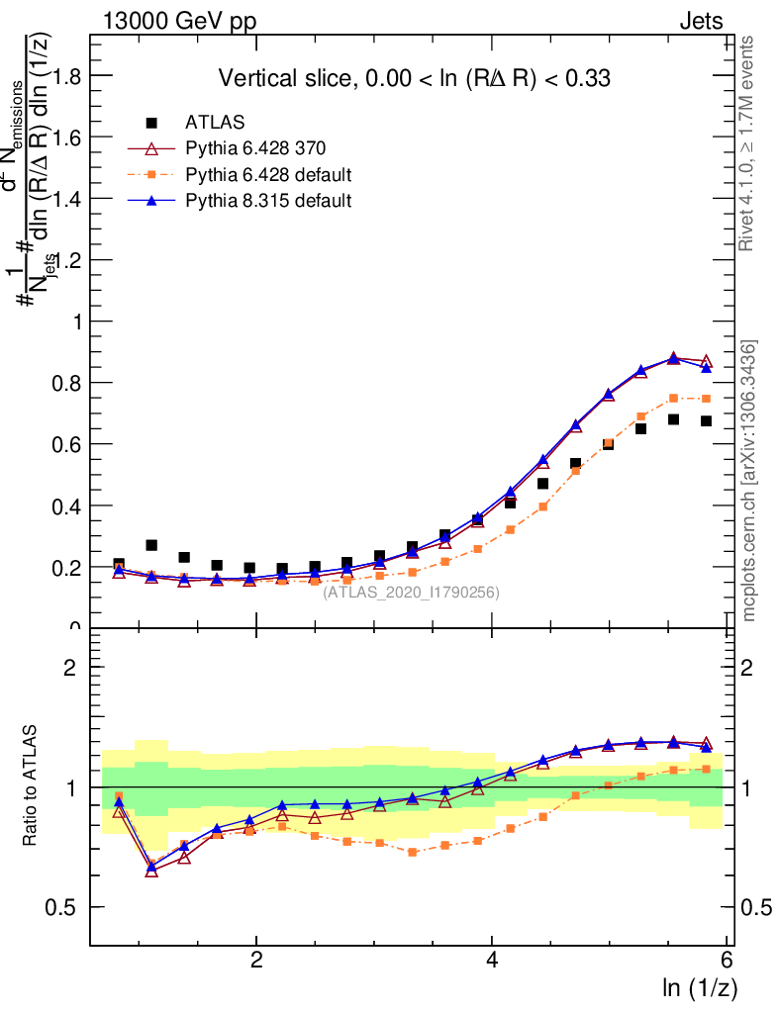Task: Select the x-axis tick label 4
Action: click(492, 961)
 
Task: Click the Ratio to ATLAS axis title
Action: click(32, 786)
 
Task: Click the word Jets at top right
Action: click(700, 22)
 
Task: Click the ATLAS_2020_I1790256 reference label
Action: click(411, 593)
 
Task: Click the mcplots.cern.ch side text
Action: click(749, 481)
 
